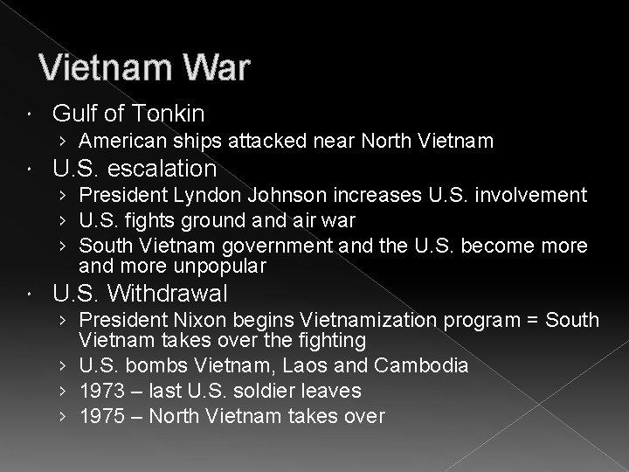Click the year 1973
pos(98,391)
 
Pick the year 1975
pos(98,417)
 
